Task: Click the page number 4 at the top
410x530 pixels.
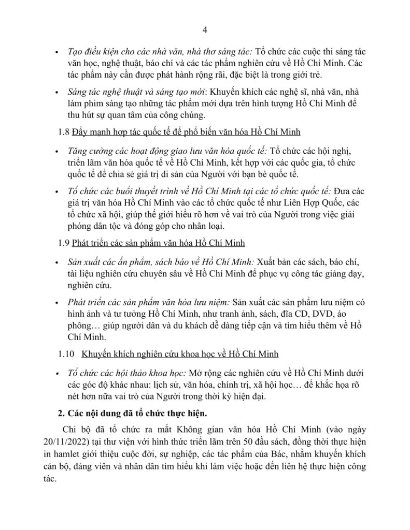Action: (205, 30)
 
